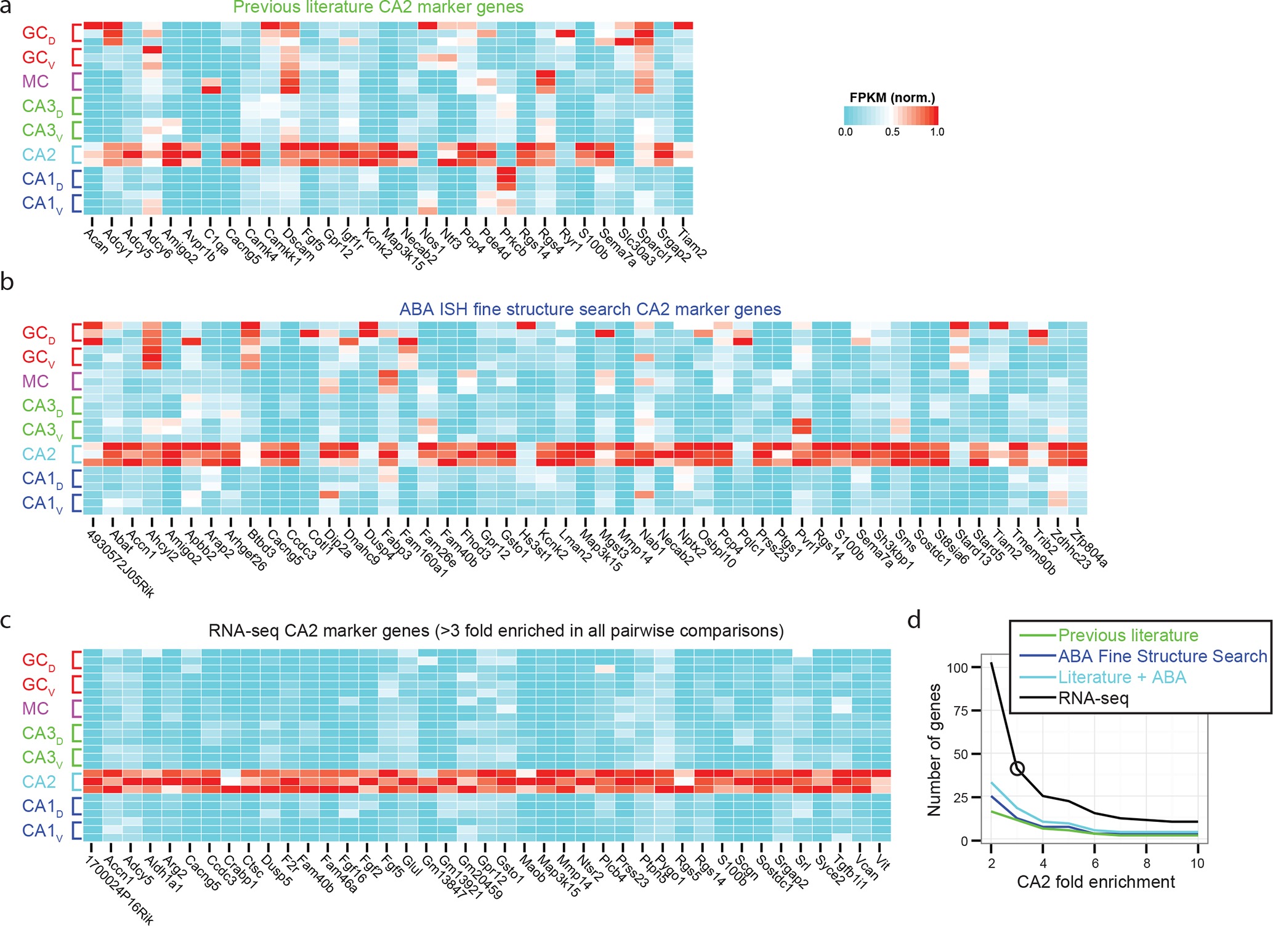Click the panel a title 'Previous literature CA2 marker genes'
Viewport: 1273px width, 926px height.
pyautogui.click(x=378, y=7)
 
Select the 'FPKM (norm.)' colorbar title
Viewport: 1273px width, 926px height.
pyautogui.click(x=892, y=97)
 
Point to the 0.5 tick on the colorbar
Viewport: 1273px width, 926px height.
pyautogui.click(x=892, y=132)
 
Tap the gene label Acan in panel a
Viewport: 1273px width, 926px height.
pyautogui.click(x=96, y=240)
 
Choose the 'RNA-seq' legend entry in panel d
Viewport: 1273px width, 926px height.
pyautogui.click(x=1093, y=699)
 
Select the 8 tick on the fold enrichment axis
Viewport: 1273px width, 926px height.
pyautogui.click(x=1147, y=863)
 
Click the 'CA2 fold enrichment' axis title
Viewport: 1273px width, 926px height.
pyautogui.click(x=1096, y=882)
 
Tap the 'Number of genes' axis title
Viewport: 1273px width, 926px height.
pyautogui.click(x=934, y=750)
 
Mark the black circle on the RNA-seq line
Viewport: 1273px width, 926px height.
pyautogui.click(x=1017, y=768)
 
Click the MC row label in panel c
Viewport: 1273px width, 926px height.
pyautogui.click(x=35, y=709)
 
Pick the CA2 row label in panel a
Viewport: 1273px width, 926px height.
pyautogui.click(x=39, y=155)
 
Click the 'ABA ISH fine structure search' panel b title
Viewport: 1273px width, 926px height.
pyautogui.click(x=590, y=309)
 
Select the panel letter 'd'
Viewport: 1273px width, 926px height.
pyautogui.click(x=915, y=620)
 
